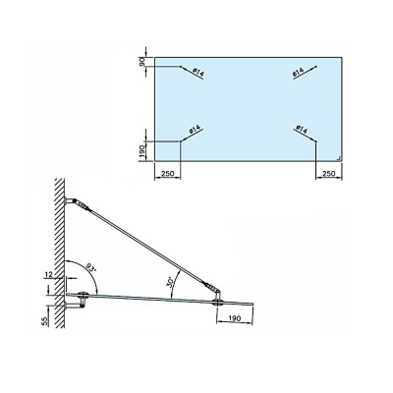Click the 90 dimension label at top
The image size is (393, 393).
141,62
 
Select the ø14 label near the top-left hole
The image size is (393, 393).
198,73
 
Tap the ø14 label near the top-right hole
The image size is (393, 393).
298,73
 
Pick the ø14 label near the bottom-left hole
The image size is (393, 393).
195,130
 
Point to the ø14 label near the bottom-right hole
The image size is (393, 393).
302,130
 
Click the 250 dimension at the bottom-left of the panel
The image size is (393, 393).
167,173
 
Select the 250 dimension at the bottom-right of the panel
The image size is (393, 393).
328,173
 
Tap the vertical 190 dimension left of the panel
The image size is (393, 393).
141,151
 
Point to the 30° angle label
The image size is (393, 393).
170,282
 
